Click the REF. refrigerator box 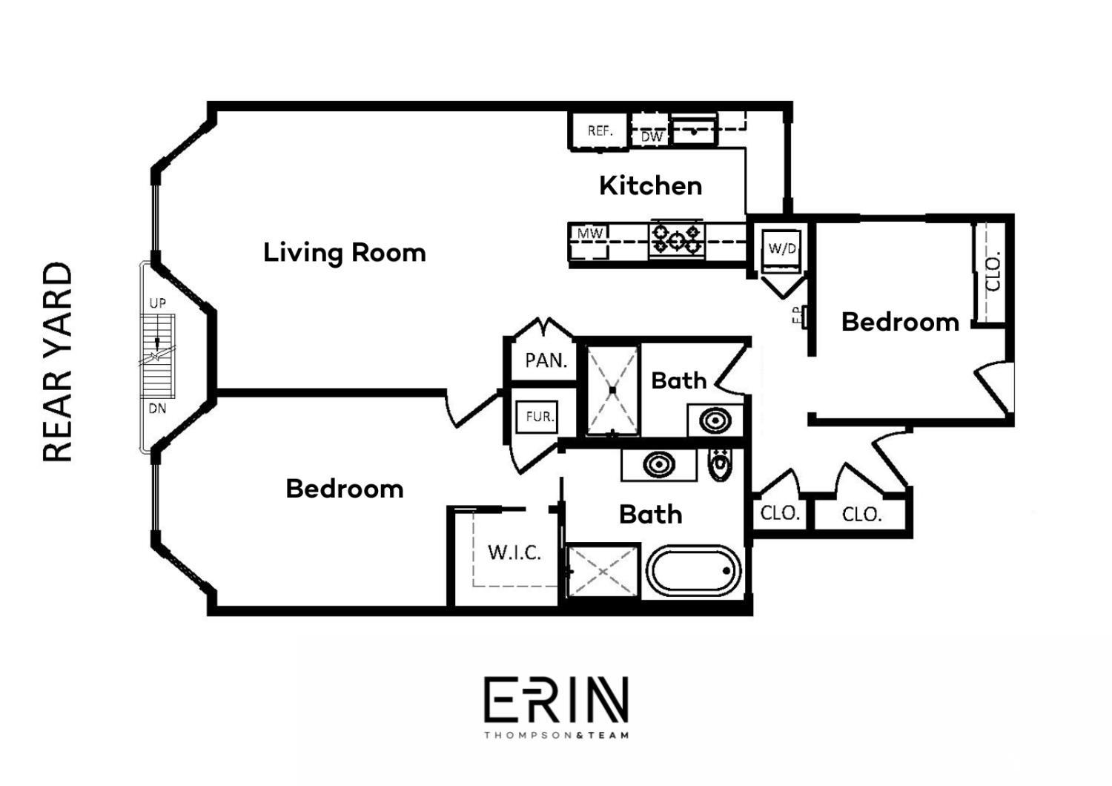(x=599, y=131)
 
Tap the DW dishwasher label (x=651, y=136)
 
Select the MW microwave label (x=590, y=234)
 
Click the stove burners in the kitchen (x=676, y=240)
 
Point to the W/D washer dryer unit (x=782, y=249)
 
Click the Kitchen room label (x=650, y=185)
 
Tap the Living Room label (x=345, y=252)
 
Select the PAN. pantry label (x=546, y=361)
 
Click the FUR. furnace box (x=539, y=417)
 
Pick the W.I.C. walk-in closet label (x=514, y=552)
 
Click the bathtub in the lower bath (x=694, y=571)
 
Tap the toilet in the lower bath (x=719, y=464)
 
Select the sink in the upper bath (x=715, y=420)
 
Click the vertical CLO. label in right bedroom (x=993, y=272)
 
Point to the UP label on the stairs (x=157, y=303)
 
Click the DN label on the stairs (x=157, y=409)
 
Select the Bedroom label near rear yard (x=345, y=489)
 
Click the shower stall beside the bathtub (x=603, y=571)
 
